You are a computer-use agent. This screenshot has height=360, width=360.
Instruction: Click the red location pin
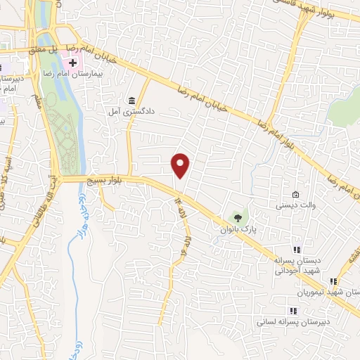coord(181,165)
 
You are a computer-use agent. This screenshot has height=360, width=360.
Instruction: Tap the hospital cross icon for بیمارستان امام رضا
coord(72,63)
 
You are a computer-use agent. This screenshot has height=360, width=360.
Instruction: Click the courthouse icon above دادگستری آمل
coord(132,99)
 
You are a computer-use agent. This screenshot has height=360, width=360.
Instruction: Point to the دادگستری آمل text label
coord(130,111)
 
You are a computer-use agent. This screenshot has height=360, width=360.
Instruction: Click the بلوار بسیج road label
coord(100,181)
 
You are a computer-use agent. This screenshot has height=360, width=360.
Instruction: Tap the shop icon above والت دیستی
coord(296,195)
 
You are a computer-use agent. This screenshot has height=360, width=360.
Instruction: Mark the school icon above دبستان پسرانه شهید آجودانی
coord(297,250)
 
